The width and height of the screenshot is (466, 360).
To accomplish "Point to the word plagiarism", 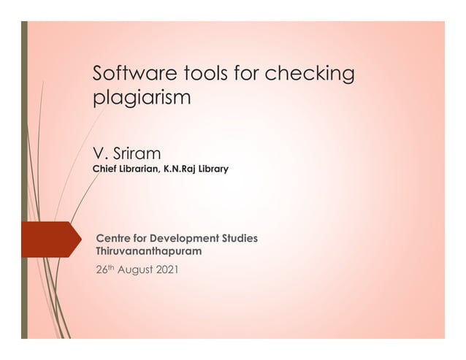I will [x=141, y=98].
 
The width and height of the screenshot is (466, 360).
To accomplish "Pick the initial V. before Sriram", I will [x=100, y=154].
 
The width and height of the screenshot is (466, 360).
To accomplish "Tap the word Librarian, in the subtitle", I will [x=140, y=169].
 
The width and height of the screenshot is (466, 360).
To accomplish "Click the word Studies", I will [x=240, y=238].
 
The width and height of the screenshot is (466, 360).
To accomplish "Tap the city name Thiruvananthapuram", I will [x=149, y=251].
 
